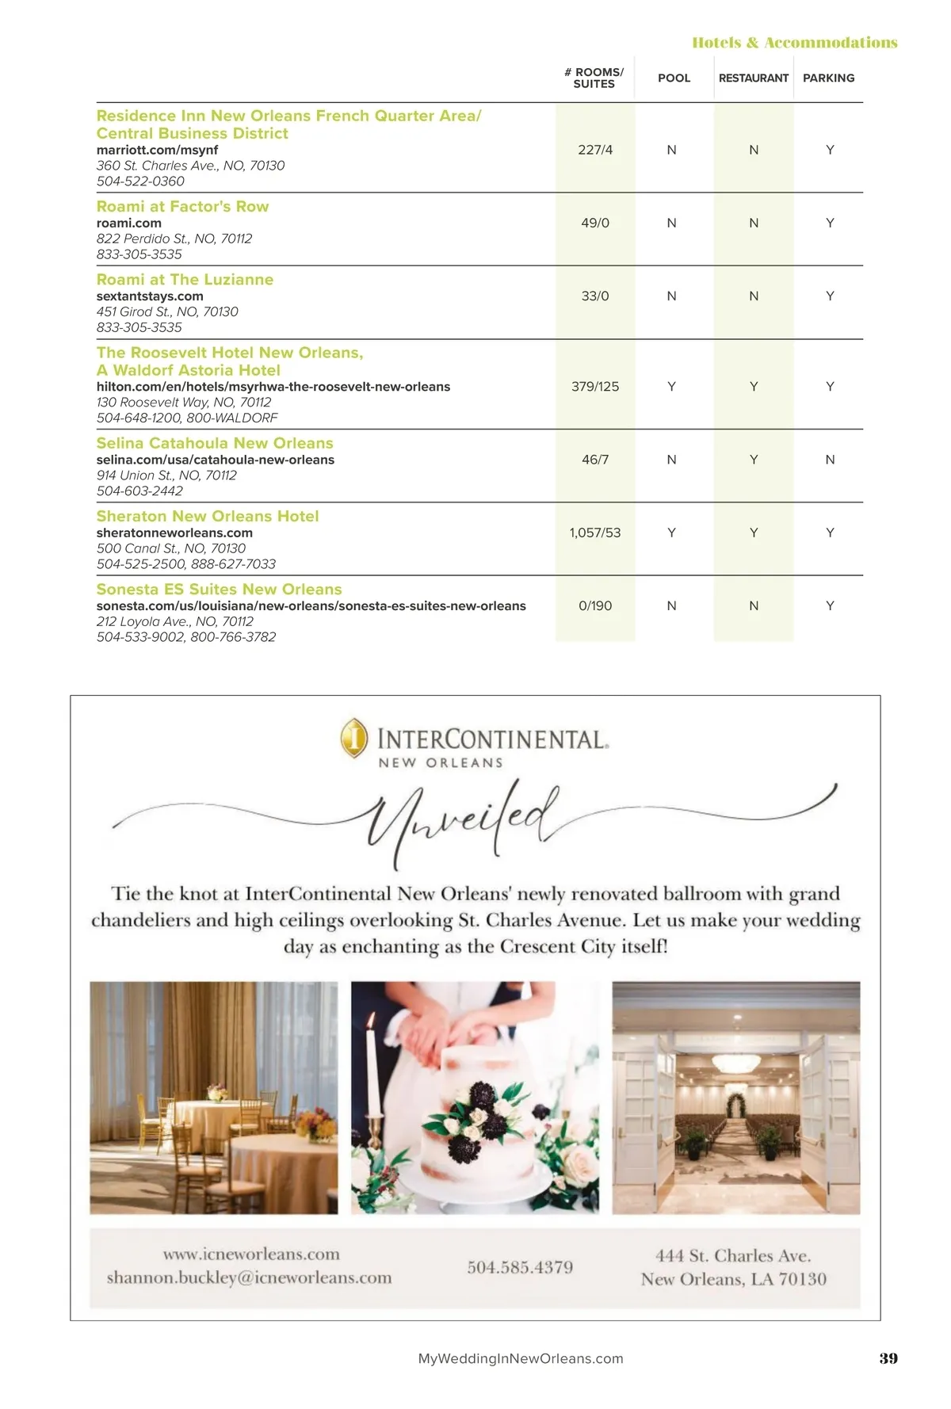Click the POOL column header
tap(674, 78)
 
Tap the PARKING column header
tap(828, 78)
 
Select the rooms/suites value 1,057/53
tap(594, 533)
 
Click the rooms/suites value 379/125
tap(594, 387)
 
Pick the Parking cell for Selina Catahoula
tap(830, 460)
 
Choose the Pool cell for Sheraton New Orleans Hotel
tap(671, 533)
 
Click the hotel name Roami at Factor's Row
tap(182, 207)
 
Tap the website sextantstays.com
tap(150, 296)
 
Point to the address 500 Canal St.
tap(171, 548)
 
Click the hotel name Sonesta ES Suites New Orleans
tap(219, 590)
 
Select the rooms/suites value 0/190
tap(595, 605)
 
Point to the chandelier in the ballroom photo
tap(735, 1062)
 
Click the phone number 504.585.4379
tap(520, 1267)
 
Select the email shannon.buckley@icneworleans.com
tap(249, 1277)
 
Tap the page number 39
tap(888, 1358)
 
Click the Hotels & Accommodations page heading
tap(794, 43)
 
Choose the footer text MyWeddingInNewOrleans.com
tap(520, 1358)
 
